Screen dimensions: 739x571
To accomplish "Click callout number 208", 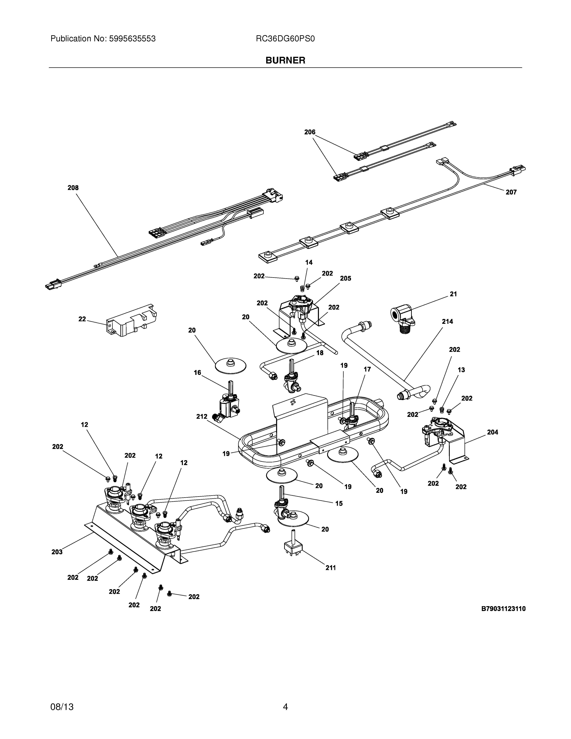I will pyautogui.click(x=73, y=188).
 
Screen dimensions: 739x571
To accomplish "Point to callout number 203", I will pyautogui.click(x=57, y=552).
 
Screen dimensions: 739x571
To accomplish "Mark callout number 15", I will pyautogui.click(x=339, y=503).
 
